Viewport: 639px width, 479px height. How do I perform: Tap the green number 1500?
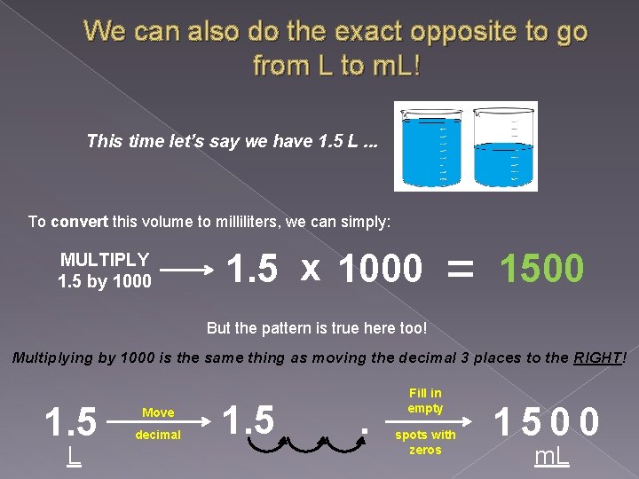(541, 268)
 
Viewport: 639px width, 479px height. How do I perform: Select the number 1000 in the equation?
(381, 268)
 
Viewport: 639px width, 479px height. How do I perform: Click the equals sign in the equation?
(460, 266)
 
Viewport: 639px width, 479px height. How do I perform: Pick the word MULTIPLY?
(105, 260)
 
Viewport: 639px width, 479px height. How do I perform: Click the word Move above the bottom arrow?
(158, 412)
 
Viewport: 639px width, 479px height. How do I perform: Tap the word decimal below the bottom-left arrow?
(158, 435)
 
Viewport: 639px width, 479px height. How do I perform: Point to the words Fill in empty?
(425, 400)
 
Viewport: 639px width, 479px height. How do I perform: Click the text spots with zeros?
(425, 442)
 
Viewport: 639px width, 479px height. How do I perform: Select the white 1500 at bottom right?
(547, 420)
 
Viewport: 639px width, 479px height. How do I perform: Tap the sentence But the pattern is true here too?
(317, 328)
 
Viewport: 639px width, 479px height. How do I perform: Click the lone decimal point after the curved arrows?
(365, 435)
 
